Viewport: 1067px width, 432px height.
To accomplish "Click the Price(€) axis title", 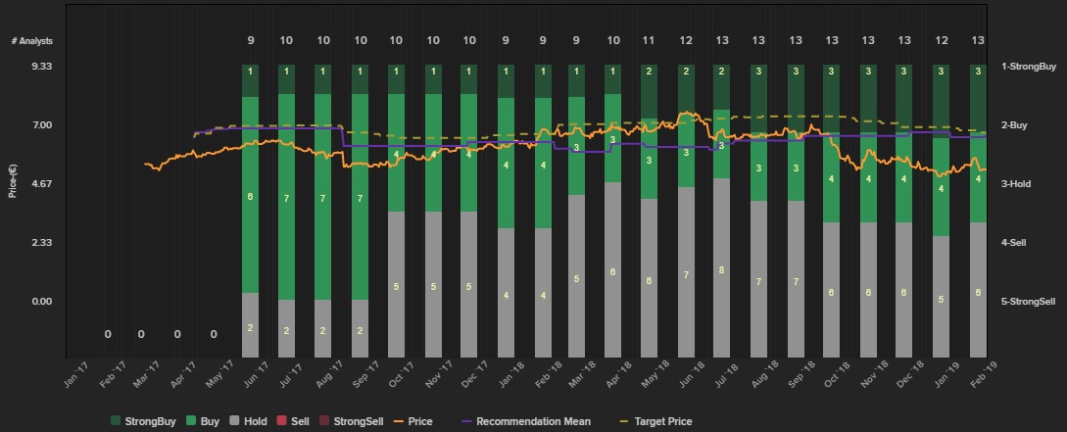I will [12, 183].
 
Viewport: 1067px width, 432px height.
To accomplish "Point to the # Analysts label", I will [32, 40].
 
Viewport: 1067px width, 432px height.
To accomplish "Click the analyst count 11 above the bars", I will [649, 40].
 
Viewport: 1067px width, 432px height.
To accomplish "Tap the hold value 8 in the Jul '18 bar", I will [721, 270].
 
